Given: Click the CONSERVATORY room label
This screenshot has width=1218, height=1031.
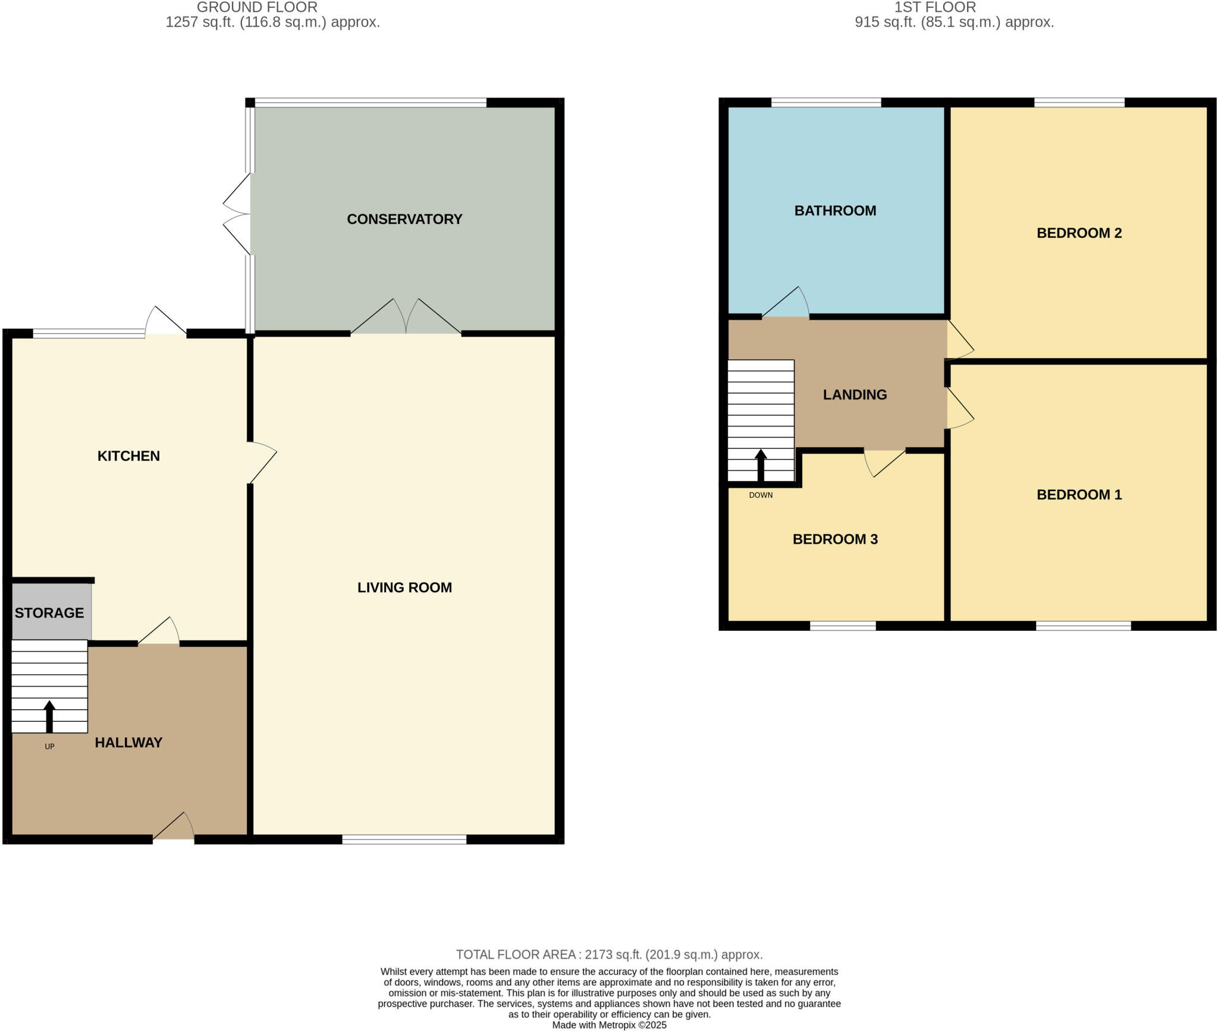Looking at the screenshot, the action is (404, 219).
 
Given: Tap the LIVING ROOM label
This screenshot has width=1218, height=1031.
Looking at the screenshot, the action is (404, 587).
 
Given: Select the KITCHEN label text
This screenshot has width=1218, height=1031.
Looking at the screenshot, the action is (128, 456).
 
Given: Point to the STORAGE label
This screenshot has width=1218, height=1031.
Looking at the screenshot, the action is (49, 613).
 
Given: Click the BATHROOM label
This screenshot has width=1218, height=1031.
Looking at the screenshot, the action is (835, 210).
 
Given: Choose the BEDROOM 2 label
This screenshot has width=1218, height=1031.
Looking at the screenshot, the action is (1079, 233).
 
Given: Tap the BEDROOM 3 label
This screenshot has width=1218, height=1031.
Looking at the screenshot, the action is (835, 539).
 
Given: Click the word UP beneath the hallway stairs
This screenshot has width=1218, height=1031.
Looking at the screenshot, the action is (49, 746).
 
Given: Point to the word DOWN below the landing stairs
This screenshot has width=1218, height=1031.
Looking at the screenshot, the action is (761, 495).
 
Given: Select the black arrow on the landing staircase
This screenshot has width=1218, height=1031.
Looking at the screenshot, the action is (761, 465).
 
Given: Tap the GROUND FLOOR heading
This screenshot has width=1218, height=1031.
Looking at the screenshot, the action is (257, 7).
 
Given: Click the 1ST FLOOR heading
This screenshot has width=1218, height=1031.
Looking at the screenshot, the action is (935, 7).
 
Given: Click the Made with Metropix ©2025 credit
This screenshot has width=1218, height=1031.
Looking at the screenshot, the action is (609, 1024).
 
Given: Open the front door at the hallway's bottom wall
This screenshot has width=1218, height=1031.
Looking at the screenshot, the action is (174, 828).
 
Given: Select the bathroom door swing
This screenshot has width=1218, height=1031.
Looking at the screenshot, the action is (786, 303).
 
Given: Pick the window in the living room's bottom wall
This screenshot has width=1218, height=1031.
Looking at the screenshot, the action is (404, 840).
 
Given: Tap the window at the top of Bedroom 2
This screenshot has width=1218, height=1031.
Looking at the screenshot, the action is (1079, 102).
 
